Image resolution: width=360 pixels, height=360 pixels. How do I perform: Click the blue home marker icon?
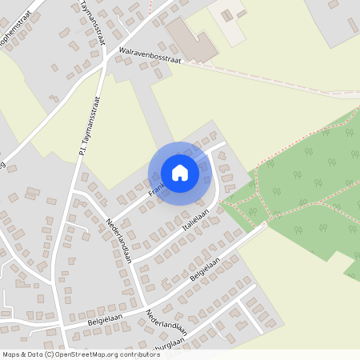point(180,172)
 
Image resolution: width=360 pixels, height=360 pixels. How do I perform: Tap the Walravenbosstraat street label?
point(150,55)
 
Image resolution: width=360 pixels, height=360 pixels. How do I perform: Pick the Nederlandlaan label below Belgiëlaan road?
point(166,321)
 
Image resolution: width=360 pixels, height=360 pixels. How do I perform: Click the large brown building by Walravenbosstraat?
point(191,40)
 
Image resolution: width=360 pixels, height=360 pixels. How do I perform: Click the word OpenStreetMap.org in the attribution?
point(87,354)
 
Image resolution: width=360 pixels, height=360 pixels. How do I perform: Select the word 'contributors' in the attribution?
point(138,354)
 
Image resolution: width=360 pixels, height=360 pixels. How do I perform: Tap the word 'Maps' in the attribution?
point(11,354)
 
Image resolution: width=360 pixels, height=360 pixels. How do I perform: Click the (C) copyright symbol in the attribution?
point(49,354)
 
